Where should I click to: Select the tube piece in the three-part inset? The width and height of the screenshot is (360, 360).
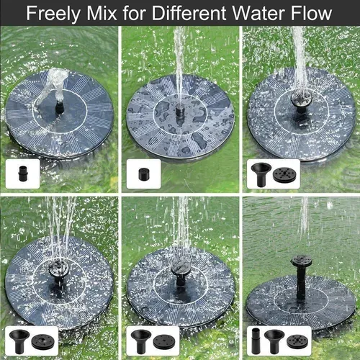pyautogui.click(x=257, y=338)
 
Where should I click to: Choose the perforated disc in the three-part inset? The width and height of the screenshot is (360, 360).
pyautogui.click(x=295, y=338)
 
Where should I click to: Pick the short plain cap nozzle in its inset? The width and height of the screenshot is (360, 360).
pyautogui.click(x=134, y=175)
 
